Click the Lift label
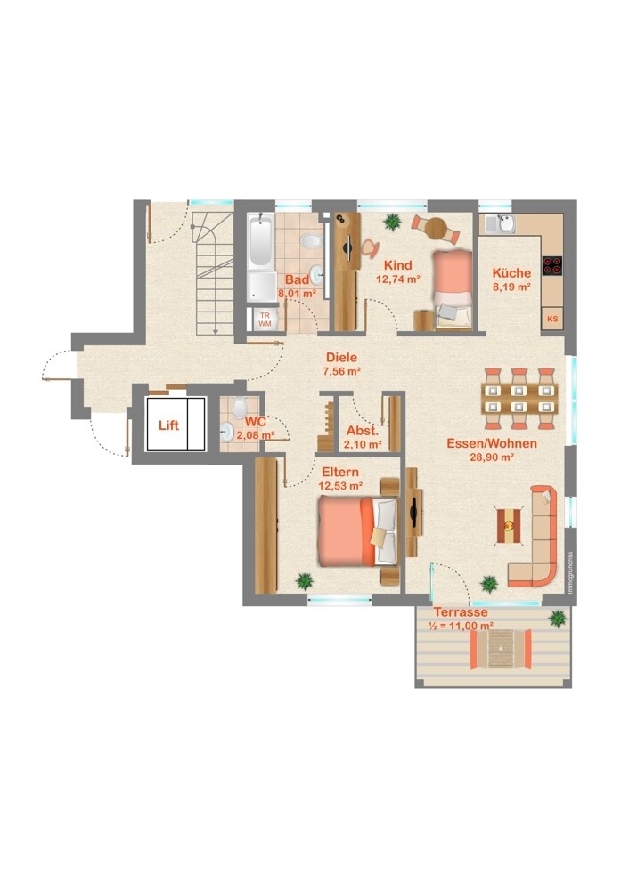(x=168, y=425)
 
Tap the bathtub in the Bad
(x=261, y=241)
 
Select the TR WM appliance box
(x=265, y=320)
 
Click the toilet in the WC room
(x=239, y=408)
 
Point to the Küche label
(x=511, y=272)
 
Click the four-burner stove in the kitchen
(x=552, y=265)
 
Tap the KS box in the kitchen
(x=552, y=319)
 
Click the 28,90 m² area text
(x=492, y=457)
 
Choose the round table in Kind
(x=437, y=228)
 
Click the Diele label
(x=341, y=358)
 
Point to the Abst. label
(x=363, y=431)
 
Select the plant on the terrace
(x=559, y=619)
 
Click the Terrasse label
(x=461, y=612)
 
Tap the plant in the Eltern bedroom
(x=305, y=581)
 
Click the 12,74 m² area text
(x=397, y=279)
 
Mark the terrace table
(x=501, y=649)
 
